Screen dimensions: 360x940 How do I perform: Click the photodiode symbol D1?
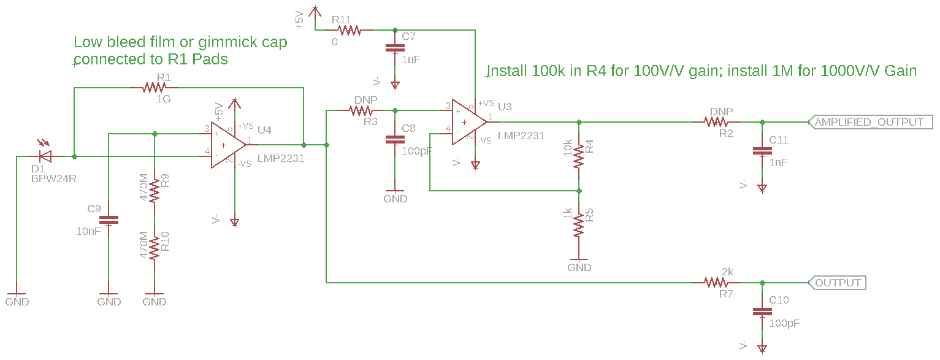tap(44, 157)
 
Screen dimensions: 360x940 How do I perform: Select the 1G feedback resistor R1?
tap(154, 88)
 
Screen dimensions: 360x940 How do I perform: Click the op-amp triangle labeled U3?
tap(468, 122)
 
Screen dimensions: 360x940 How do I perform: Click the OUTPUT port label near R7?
tap(838, 283)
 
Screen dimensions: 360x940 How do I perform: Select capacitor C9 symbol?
tap(109, 219)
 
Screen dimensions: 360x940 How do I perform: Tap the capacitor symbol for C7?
tap(395, 48)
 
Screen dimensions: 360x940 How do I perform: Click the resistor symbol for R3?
tap(362, 111)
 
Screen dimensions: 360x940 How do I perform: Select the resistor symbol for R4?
tap(579, 156)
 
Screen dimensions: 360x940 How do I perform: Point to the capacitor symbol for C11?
tap(762, 150)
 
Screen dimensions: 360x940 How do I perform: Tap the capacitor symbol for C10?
tap(762, 311)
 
